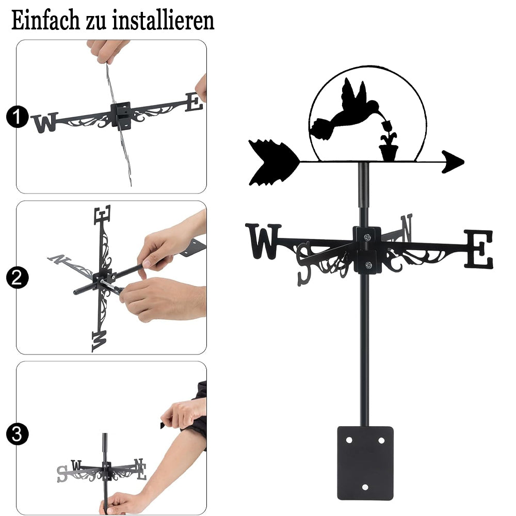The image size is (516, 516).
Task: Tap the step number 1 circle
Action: click(17, 117)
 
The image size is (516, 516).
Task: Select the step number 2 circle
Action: click(17, 278)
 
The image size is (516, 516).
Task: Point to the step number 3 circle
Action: click(17, 434)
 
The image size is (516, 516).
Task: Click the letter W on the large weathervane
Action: click(263, 241)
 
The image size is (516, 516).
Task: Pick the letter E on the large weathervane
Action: click(478, 249)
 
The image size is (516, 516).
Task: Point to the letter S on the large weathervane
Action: click(304, 263)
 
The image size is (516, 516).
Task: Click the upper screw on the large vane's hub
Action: click(367, 237)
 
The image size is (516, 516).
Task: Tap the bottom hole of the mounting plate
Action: click(365, 487)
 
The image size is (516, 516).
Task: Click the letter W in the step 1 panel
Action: click(45, 122)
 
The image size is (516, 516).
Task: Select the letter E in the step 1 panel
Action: click(194, 102)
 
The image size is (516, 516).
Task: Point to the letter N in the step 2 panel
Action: click(59, 259)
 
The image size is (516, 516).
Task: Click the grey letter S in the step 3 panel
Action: click(62, 474)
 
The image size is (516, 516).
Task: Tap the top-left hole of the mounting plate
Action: click(349, 440)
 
